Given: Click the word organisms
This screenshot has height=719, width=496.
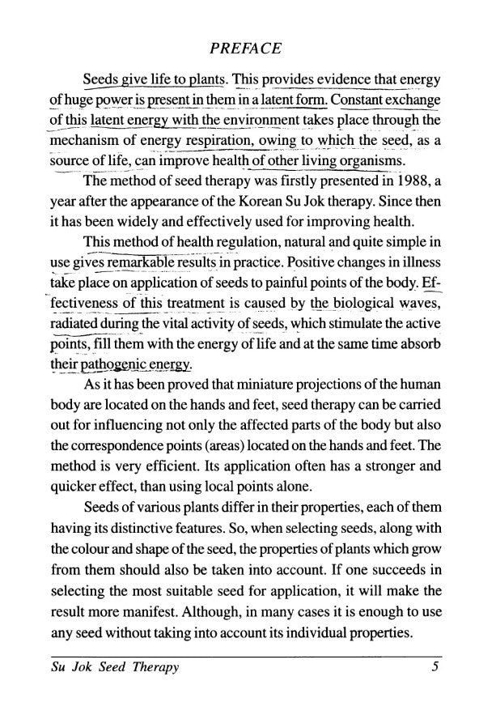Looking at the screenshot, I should [x=366, y=162].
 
